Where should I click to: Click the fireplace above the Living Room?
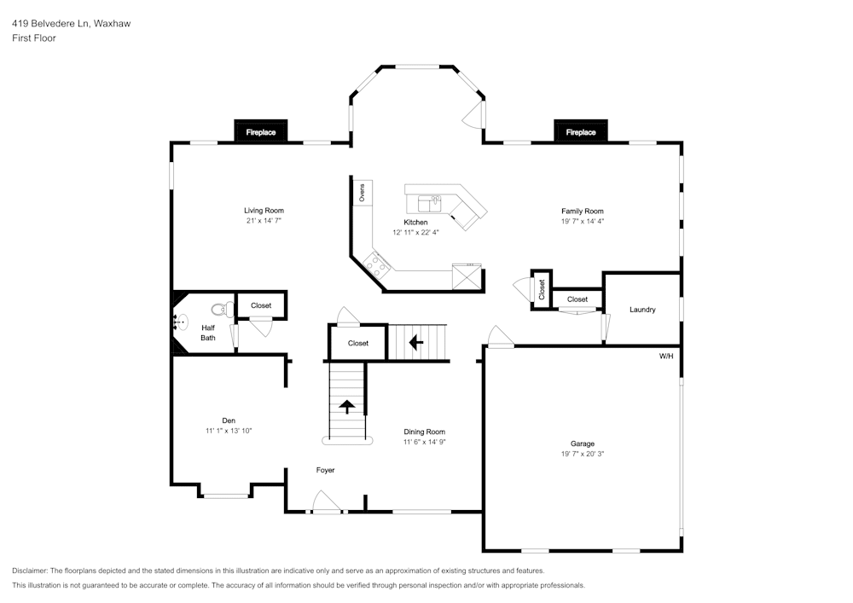coord(261,131)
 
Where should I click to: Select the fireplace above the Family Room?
coord(581,131)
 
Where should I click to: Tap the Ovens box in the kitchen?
coord(361,193)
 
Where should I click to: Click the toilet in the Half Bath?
coord(223,310)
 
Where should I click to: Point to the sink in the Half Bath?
coord(181,323)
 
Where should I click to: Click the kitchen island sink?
coord(429,203)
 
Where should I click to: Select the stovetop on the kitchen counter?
coord(376,265)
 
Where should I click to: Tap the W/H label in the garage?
coord(665,356)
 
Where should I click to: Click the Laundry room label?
coord(642,310)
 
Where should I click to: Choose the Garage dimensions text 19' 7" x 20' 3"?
coord(583,454)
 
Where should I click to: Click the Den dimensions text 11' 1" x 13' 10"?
coord(229,431)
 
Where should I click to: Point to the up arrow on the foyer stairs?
coord(348,405)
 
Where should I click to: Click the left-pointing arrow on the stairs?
coord(416,343)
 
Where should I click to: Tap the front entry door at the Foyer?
coord(325,504)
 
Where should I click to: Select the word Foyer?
coord(325,470)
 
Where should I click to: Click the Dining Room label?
coord(424,432)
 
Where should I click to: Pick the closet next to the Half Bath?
coord(261,305)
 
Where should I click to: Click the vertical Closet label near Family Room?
coord(542,289)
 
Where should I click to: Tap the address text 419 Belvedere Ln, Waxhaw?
coord(71,24)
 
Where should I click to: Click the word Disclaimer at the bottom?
coord(30,570)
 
